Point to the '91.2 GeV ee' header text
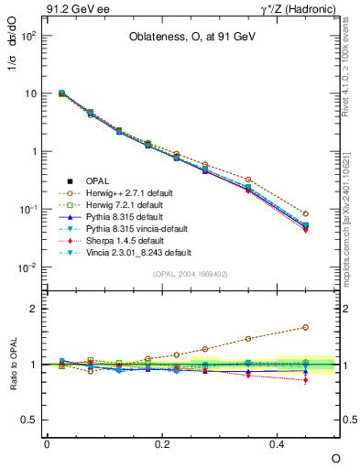[71, 8]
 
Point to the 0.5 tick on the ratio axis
[27, 420]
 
